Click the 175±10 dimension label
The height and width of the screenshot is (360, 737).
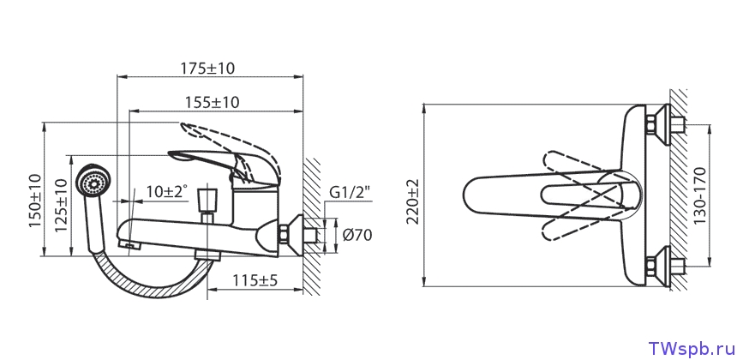coord(207,69)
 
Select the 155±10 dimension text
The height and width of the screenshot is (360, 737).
coord(212,102)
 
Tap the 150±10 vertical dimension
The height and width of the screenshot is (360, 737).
coord(35,201)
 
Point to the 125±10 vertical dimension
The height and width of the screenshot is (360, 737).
coord(61,206)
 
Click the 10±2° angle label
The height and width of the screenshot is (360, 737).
coord(167,191)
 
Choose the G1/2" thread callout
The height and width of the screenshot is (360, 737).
coord(350,192)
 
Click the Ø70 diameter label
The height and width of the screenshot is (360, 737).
coord(357,235)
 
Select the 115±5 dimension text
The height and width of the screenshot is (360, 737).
coord(255,280)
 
